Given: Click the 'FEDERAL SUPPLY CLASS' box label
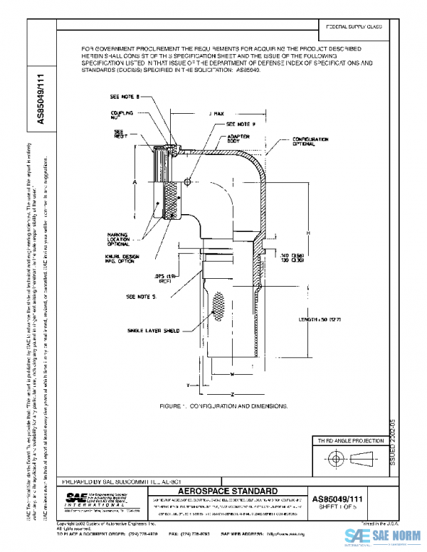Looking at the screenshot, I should click(354, 26).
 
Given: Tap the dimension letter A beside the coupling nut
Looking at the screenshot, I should click(135, 183).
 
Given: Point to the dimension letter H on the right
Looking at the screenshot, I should click(309, 233).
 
